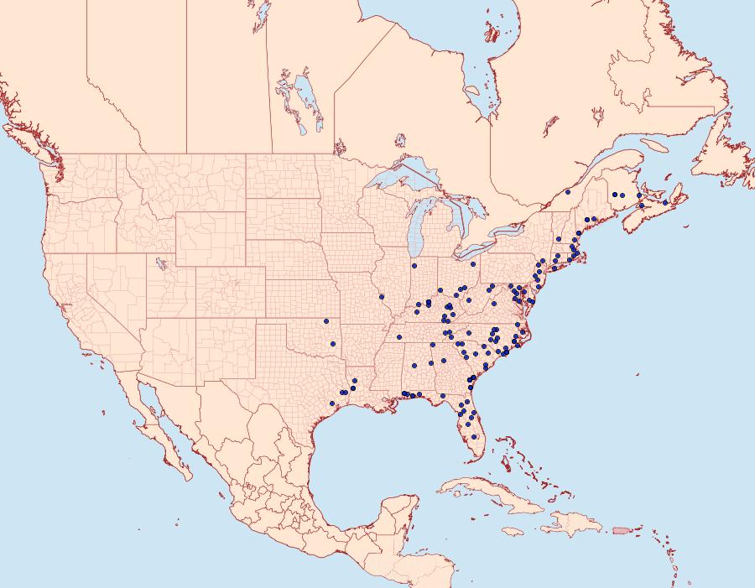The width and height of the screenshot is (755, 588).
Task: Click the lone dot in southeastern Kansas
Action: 325,321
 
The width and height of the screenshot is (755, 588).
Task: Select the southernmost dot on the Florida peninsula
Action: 476,436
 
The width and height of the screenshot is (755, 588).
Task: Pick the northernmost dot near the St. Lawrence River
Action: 568,192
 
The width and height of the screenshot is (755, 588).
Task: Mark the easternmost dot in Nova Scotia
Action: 665,203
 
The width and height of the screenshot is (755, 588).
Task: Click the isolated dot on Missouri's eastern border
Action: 381,296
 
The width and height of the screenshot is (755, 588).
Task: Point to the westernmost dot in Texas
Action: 332,404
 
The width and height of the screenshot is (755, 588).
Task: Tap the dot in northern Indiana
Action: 414,267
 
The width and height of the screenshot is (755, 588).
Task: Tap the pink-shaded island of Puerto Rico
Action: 621,529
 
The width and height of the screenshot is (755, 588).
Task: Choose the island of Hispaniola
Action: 575,527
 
